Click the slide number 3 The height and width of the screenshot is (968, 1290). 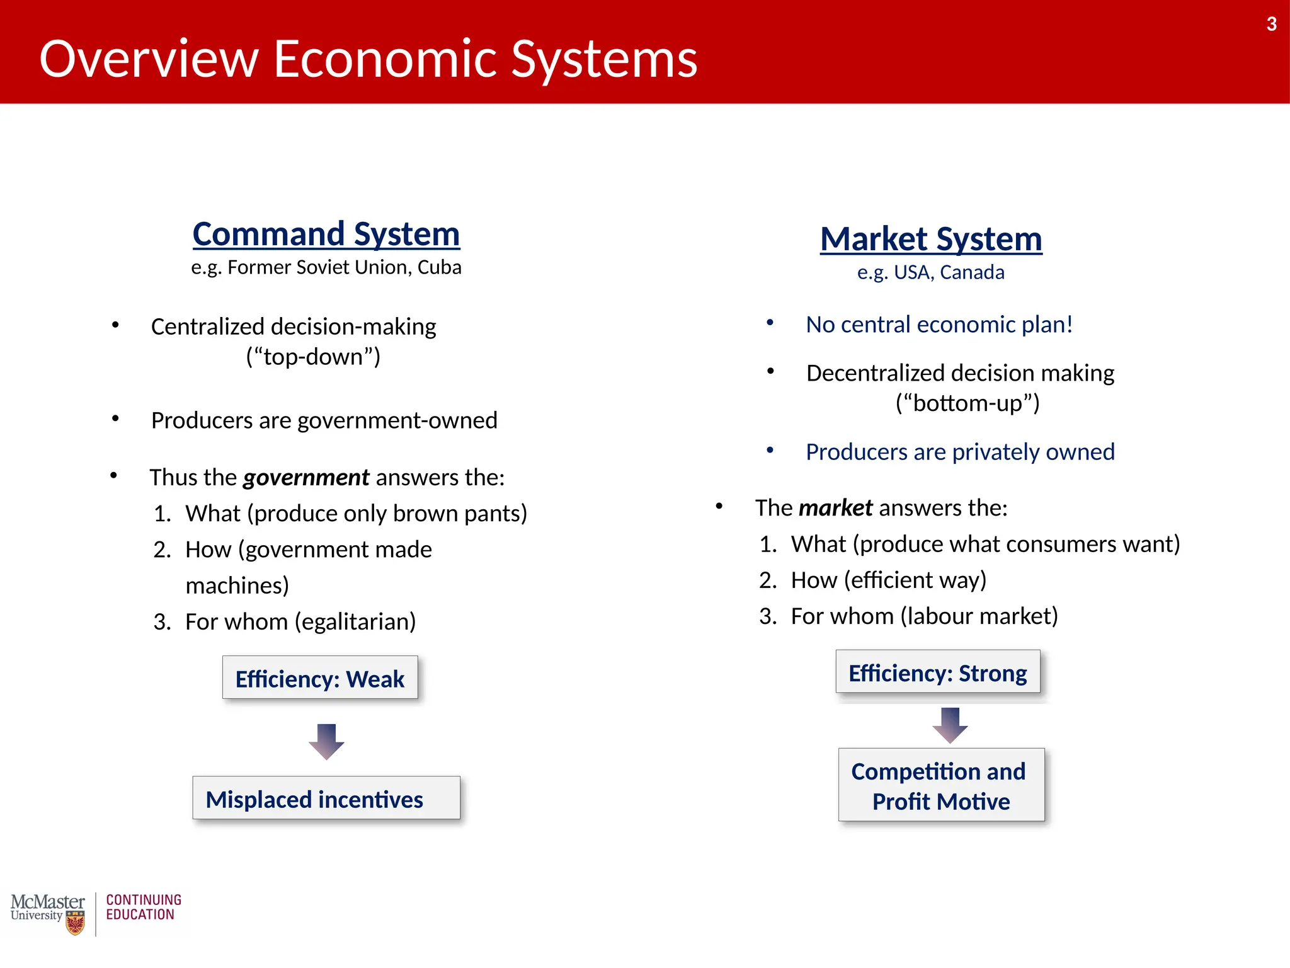pyautogui.click(x=1271, y=25)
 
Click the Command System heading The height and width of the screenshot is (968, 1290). pyautogui.click(x=326, y=234)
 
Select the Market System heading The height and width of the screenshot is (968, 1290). pyautogui.click(x=930, y=239)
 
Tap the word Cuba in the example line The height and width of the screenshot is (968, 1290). pyautogui.click(x=439, y=267)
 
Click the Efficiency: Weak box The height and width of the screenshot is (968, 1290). pyautogui.click(x=319, y=678)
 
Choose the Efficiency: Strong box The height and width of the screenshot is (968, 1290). pyautogui.click(x=937, y=672)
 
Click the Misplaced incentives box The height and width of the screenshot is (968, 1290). pyautogui.click(x=326, y=798)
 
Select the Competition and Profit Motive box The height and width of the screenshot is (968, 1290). pyautogui.click(x=940, y=785)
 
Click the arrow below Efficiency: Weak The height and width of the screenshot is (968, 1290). pyautogui.click(x=326, y=741)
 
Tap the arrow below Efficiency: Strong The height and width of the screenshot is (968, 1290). pyautogui.click(x=950, y=725)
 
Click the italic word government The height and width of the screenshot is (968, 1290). pyautogui.click(x=306, y=478)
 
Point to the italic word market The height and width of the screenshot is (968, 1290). pyautogui.click(x=835, y=508)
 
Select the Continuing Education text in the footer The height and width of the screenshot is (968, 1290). pyautogui.click(x=143, y=907)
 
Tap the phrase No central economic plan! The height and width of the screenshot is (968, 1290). pyautogui.click(x=939, y=325)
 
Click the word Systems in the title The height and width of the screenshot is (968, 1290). pyautogui.click(x=603, y=59)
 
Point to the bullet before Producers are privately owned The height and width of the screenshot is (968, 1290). pyautogui.click(x=770, y=450)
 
